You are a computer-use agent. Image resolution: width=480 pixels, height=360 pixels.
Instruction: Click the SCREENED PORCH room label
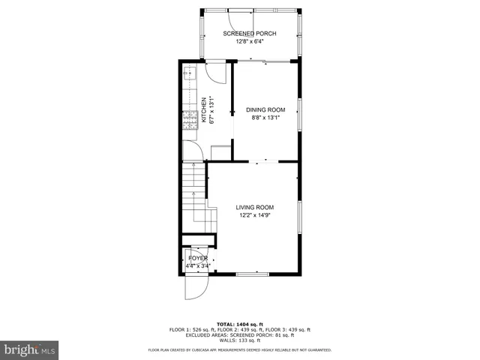pyautogui.click(x=250, y=34)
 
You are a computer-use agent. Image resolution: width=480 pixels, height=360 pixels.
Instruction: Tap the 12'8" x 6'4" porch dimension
pyautogui.click(x=250, y=42)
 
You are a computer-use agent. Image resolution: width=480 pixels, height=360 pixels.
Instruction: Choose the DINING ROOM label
pyautogui.click(x=265, y=109)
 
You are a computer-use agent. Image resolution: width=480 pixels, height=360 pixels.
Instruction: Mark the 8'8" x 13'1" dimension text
pyautogui.click(x=265, y=118)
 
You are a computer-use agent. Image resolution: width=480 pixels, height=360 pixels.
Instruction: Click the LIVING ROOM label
pyautogui.click(x=255, y=208)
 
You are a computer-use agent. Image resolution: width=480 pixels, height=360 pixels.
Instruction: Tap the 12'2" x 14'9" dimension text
pyautogui.click(x=255, y=216)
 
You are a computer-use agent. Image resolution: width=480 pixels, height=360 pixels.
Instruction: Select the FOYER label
pyautogui.click(x=198, y=258)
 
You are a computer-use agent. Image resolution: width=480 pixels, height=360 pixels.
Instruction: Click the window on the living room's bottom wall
pyautogui.click(x=253, y=274)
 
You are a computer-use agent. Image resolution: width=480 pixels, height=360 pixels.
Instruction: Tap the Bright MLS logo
pyautogui.click(x=29, y=349)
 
